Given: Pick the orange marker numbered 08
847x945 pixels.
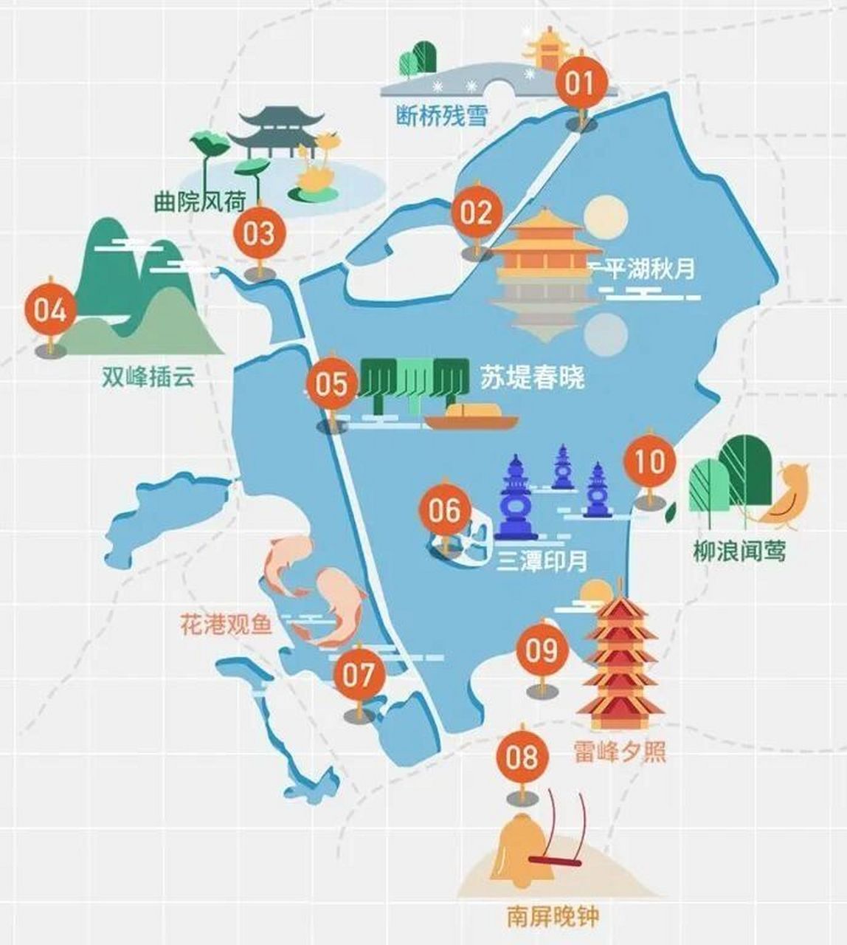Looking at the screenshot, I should [523, 757].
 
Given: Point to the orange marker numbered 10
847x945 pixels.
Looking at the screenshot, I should [650, 462].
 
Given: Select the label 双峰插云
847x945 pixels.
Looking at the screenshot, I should [148, 377].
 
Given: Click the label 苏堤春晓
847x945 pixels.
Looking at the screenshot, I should [532, 377].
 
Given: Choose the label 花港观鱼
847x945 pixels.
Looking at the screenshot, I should [227, 625].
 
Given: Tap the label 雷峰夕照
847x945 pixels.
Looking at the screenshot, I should [620, 752].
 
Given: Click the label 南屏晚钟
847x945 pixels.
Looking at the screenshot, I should [553, 917].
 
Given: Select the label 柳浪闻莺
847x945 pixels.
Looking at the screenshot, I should [739, 551].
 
